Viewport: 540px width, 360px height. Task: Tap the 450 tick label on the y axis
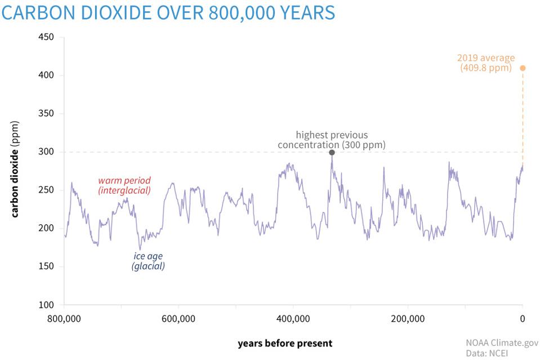pyautogui.click(x=46, y=37)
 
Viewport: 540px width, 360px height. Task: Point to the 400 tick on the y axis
pyautogui.click(x=46, y=75)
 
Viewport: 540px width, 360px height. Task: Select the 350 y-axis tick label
pyautogui.click(x=46, y=114)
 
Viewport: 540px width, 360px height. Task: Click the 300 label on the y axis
pyautogui.click(x=46, y=152)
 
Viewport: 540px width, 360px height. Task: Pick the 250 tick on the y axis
pyautogui.click(x=46, y=190)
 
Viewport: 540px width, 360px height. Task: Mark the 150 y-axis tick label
pyautogui.click(x=46, y=266)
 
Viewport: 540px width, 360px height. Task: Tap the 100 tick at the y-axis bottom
pyautogui.click(x=46, y=305)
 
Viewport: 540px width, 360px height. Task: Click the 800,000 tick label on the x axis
pyautogui.click(x=64, y=319)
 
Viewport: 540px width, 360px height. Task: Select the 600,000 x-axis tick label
pyautogui.click(x=178, y=319)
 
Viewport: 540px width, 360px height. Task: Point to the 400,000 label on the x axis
pyautogui.click(x=293, y=319)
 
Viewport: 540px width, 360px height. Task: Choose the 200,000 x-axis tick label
pyautogui.click(x=408, y=319)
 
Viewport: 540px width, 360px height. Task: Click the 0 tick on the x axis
pyautogui.click(x=523, y=319)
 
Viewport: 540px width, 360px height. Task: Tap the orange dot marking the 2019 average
pyautogui.click(x=523, y=68)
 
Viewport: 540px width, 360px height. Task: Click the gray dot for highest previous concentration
pyautogui.click(x=332, y=153)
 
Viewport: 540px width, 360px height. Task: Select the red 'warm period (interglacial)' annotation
pyautogui.click(x=124, y=186)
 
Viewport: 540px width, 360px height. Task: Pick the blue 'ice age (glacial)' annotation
pyautogui.click(x=148, y=261)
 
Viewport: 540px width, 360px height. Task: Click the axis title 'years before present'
pyautogui.click(x=285, y=343)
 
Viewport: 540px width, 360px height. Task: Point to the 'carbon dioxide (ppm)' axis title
pyautogui.click(x=15, y=168)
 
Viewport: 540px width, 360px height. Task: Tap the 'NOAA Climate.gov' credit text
pyautogui.click(x=502, y=343)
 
